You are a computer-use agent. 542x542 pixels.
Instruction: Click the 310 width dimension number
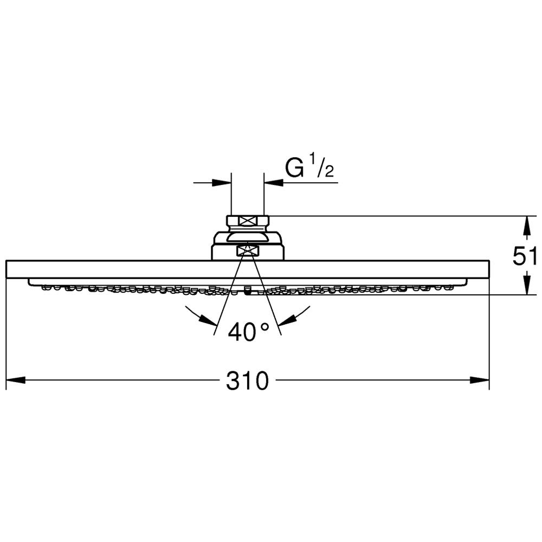coord(247,381)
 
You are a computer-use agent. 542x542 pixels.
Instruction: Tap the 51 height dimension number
coord(525,256)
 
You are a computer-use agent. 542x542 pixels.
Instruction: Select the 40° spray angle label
coord(248,332)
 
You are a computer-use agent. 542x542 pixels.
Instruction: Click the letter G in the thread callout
coord(294,168)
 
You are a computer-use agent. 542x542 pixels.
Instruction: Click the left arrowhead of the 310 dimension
coord(16,380)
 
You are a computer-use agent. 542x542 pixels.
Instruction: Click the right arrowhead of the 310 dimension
coord(480,380)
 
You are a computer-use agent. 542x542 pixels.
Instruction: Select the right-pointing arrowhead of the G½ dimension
coord(222,183)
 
